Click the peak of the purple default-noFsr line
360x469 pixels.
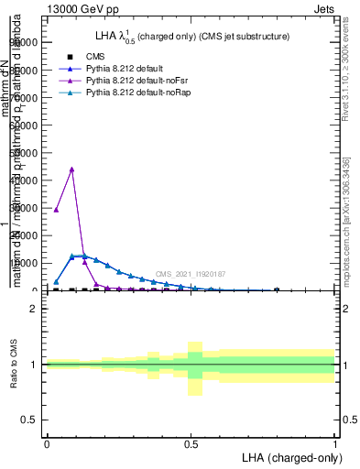pos(71,169)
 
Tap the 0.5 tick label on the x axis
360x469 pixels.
pos(191,443)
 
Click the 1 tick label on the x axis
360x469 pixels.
pos(335,443)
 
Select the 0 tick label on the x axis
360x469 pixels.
pos(47,443)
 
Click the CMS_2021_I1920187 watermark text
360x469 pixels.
pos(191,274)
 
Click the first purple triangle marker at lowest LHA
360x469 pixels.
pos(57,210)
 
